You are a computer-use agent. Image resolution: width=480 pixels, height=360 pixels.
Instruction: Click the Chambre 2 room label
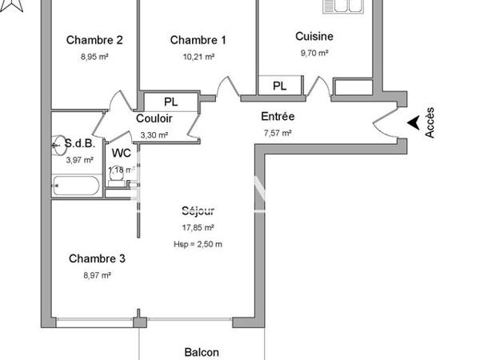pos(94,41)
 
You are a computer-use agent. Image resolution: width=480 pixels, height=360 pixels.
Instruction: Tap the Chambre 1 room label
pos(198,41)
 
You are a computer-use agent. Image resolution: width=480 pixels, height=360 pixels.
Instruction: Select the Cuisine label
pos(314,36)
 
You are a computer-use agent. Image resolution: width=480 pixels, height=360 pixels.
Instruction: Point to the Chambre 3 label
pos(97,258)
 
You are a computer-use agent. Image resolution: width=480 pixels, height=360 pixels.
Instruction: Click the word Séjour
pos(198,211)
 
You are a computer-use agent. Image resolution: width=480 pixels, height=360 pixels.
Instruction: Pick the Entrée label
pos(278,117)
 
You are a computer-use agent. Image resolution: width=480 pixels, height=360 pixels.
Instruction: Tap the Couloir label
pos(154,119)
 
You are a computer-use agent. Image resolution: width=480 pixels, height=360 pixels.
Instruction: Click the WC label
pos(121,153)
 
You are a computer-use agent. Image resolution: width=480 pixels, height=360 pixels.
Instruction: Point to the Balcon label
pos(201,352)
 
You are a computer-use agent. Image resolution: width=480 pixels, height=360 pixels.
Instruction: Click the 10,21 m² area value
pos(198,57)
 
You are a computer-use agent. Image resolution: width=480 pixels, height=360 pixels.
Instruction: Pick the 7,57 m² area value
pos(278,133)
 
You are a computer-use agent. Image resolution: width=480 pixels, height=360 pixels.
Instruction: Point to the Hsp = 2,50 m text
pos(198,245)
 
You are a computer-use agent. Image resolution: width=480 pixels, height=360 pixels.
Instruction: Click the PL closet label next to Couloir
pos(170,102)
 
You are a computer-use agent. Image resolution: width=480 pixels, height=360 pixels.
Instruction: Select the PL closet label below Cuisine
pos(279,86)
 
